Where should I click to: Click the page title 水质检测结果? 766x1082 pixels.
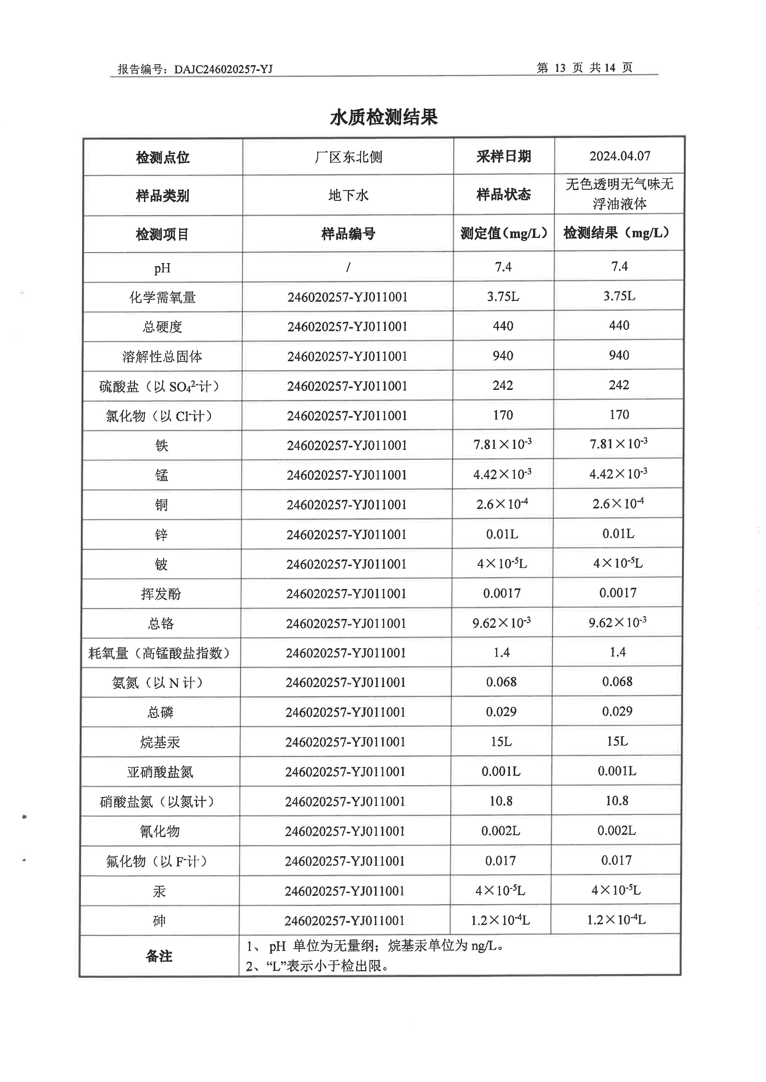384,117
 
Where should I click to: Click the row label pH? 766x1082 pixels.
162,268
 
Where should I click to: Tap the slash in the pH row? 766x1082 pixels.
348,267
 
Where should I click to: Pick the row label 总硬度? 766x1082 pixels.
162,327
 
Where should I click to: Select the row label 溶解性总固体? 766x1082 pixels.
162,357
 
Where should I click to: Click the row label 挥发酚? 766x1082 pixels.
161,594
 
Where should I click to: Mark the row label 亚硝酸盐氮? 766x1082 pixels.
160,772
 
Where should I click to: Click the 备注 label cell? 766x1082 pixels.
159,956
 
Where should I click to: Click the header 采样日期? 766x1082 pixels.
504,156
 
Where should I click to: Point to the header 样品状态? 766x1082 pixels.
504,195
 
